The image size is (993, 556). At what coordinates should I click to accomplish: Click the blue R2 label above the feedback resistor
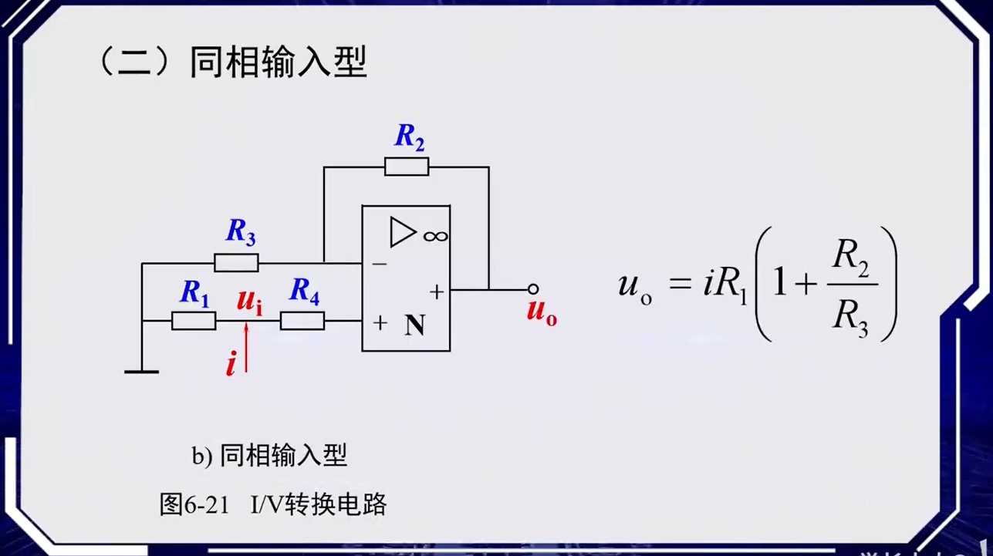point(410,136)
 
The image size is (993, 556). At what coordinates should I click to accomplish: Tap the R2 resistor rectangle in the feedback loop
point(407,167)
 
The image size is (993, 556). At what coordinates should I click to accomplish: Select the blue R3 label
point(240,232)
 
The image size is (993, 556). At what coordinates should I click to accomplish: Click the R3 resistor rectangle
point(236,263)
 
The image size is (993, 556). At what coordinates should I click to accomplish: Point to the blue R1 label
point(194,292)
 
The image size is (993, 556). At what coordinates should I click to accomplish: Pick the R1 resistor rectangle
point(194,321)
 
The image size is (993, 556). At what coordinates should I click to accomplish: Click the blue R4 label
point(304,291)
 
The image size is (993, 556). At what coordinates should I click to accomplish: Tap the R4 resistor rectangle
point(302,321)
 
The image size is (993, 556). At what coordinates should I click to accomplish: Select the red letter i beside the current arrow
point(231,362)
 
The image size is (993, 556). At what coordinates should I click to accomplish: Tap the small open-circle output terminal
point(532,290)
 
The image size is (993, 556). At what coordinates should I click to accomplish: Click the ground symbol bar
point(142,372)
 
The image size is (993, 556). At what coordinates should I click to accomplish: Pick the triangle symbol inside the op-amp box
point(402,232)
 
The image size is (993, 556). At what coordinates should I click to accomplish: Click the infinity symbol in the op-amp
point(435,234)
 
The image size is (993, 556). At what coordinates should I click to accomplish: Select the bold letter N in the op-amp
point(415,326)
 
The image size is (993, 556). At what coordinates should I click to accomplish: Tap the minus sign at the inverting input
point(379,264)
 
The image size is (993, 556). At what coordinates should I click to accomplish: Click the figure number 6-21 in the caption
point(207,505)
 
